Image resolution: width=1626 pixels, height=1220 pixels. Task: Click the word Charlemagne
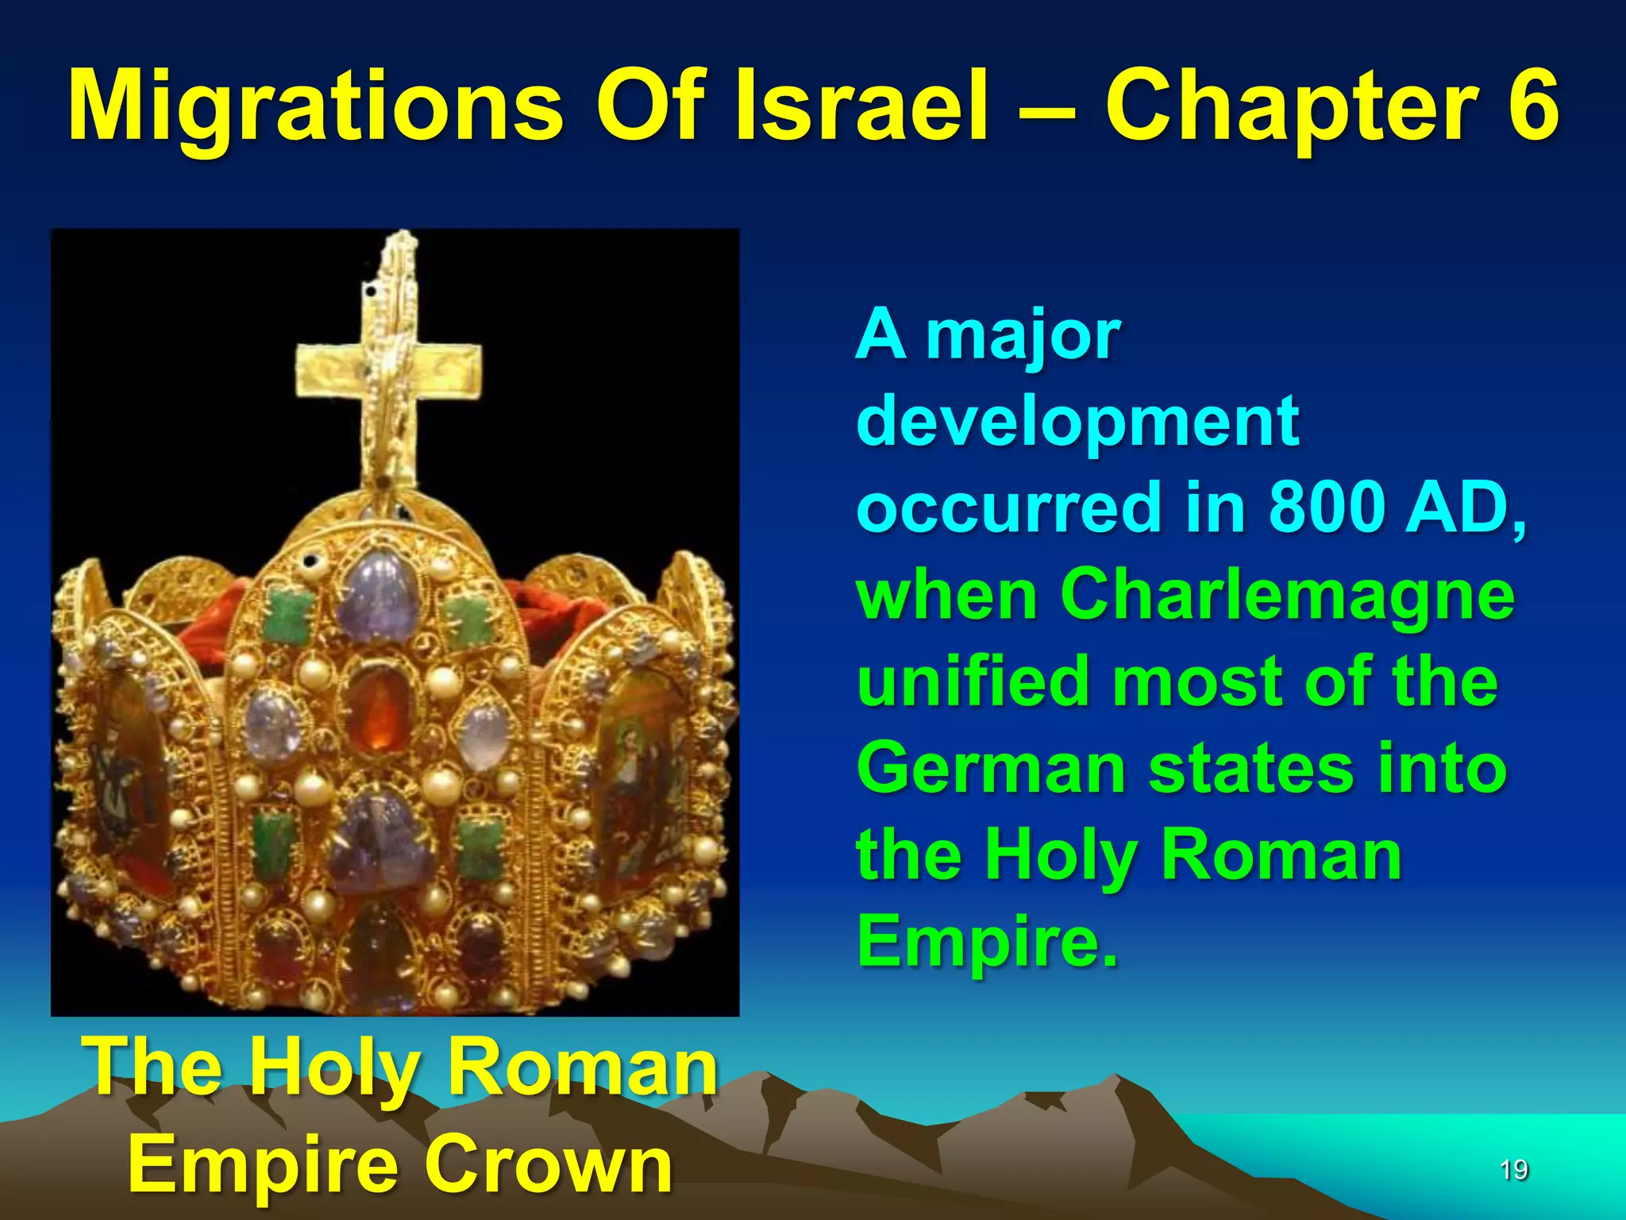1287,596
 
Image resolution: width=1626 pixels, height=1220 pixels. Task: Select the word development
1077,421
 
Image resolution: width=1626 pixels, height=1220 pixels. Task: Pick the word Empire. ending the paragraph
988,941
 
